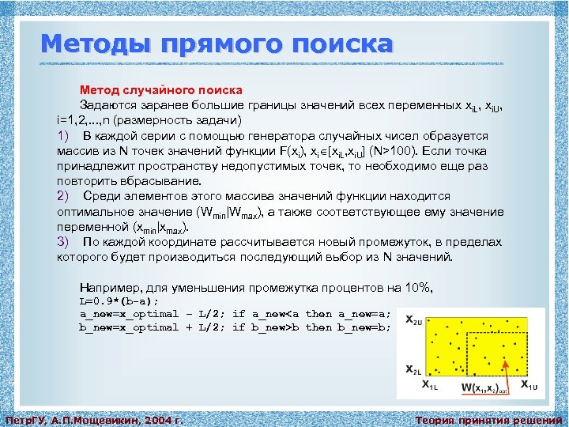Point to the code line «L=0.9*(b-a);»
click(x=119, y=301)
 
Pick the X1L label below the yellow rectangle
click(x=431, y=386)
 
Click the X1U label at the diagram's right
click(x=529, y=386)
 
